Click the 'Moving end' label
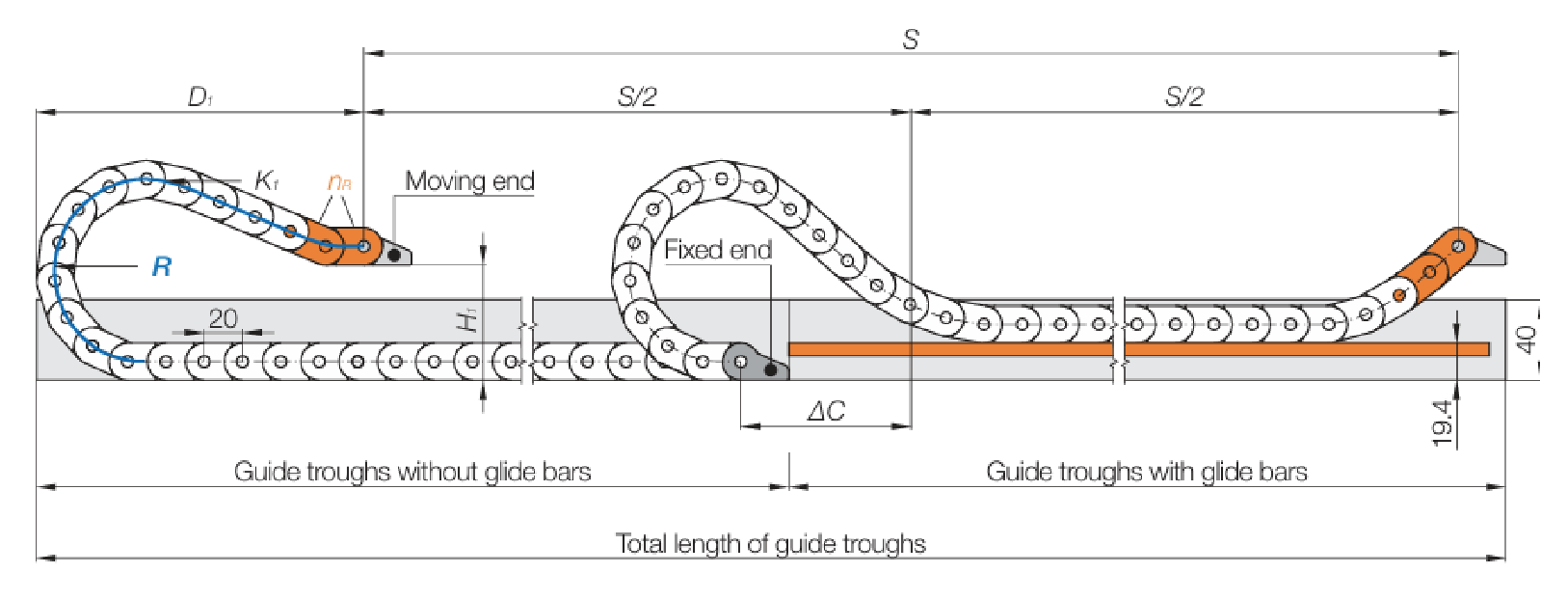pyautogui.click(x=469, y=181)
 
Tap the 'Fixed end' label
pyautogui.click(x=718, y=250)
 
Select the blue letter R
pyautogui.click(x=162, y=267)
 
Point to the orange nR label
pyautogui.click(x=339, y=181)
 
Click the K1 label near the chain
pyautogui.click(x=267, y=180)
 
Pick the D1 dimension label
pyautogui.click(x=199, y=96)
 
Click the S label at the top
pyautogui.click(x=911, y=40)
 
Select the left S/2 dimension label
pyautogui.click(x=637, y=96)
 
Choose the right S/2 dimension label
pyautogui.click(x=1184, y=96)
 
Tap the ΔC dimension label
pyautogui.click(x=826, y=412)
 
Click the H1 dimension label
pyautogui.click(x=467, y=319)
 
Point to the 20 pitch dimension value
pyautogui.click(x=223, y=318)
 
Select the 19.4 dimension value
pyautogui.click(x=1443, y=423)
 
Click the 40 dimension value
pyautogui.click(x=1526, y=340)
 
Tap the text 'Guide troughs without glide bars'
pyautogui.click(x=412, y=471)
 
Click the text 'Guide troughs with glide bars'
pyautogui.click(x=1147, y=471)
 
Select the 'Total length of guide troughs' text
pyautogui.click(x=771, y=543)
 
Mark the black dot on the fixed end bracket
pyautogui.click(x=771, y=370)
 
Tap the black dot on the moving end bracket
pyautogui.click(x=394, y=256)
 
